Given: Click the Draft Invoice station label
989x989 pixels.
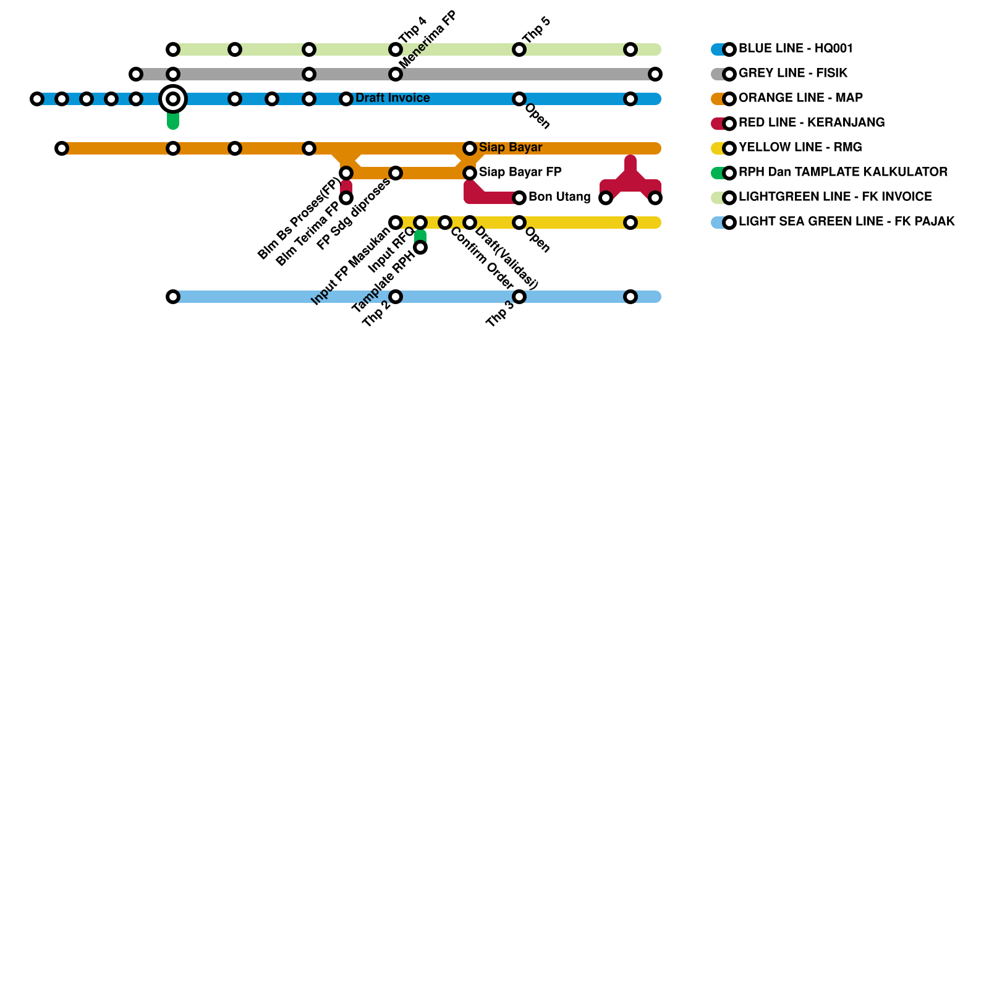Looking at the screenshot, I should point(393,98).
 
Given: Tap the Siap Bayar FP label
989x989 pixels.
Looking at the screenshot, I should point(520,172).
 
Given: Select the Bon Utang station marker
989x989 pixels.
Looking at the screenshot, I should point(519,198).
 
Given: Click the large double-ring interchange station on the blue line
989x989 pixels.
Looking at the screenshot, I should point(173,99).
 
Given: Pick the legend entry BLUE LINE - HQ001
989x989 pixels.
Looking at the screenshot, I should point(796,48).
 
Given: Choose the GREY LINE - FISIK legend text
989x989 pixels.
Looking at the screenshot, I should point(793,73).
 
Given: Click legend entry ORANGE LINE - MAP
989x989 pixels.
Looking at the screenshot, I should point(800,98).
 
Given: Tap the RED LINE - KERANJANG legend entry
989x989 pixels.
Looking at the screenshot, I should point(812,122).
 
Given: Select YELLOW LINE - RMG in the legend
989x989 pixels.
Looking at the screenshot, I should point(800,147).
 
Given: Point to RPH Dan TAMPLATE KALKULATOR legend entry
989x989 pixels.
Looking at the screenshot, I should point(843,172).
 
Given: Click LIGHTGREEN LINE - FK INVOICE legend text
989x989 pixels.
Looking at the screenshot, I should point(835,197).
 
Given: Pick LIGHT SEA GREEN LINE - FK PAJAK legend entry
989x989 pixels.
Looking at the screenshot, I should point(846,221).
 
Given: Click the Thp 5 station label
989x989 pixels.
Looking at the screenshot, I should point(536,30).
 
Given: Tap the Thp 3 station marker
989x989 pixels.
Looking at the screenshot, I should point(519,297).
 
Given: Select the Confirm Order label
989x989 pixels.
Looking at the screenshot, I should point(482,258).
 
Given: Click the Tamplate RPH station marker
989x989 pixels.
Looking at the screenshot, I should point(420,247).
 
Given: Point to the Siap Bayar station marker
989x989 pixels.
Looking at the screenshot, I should point(470,148).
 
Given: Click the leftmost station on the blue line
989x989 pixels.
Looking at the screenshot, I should point(37,99).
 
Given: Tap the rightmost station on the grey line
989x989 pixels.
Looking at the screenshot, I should point(655,74).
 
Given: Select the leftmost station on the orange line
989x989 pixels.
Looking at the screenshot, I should point(61,148).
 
